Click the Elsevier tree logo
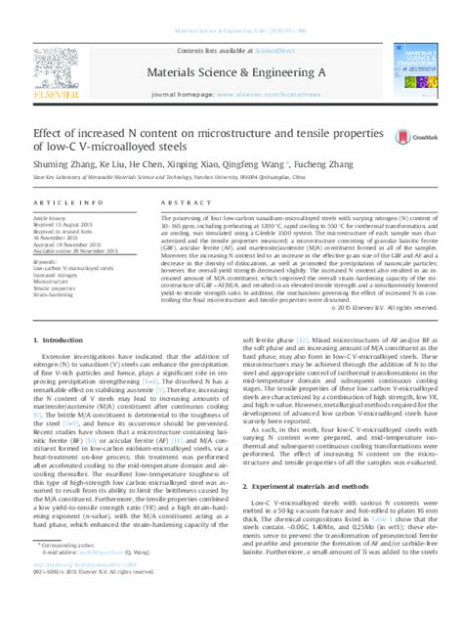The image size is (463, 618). pyautogui.click(x=60, y=60)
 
